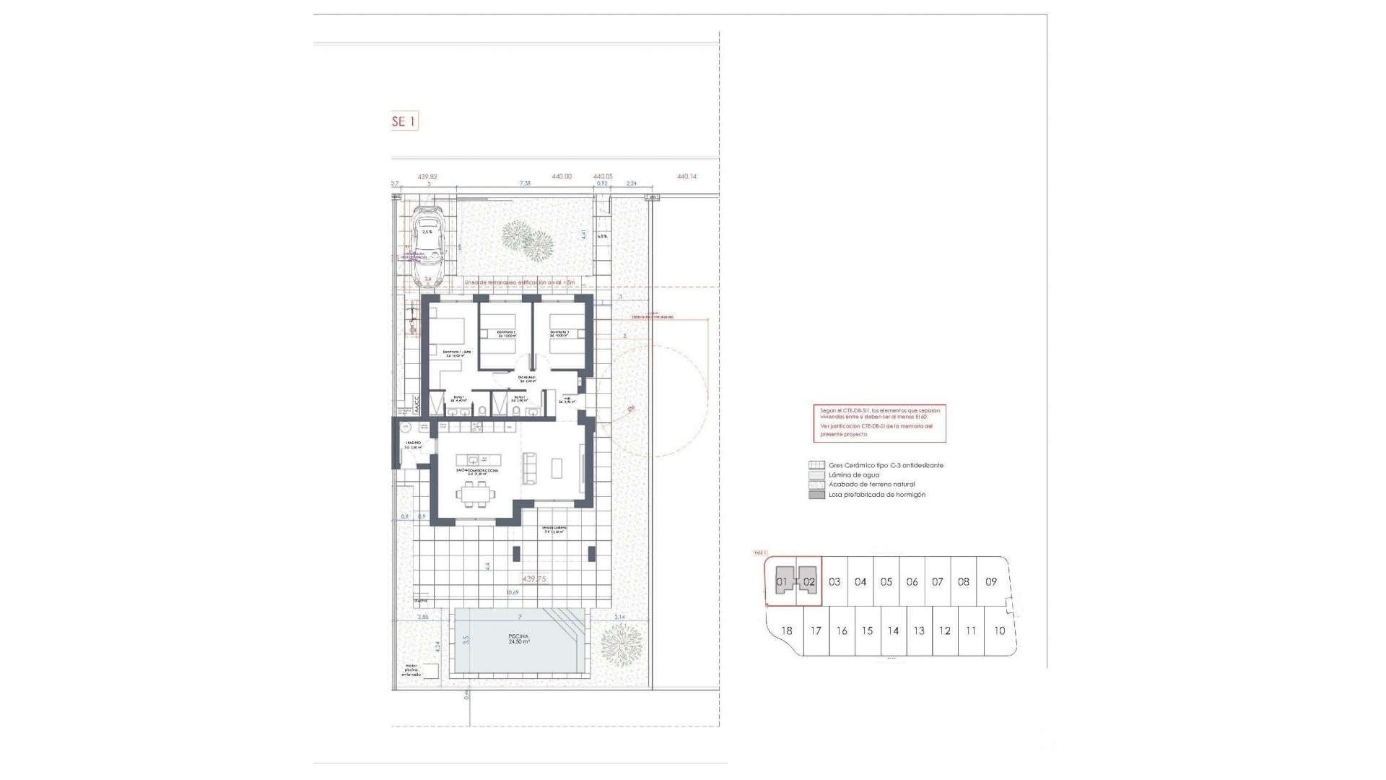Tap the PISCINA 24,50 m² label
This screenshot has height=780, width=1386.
pyautogui.click(x=519, y=638)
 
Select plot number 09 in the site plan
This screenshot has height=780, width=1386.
pyautogui.click(x=991, y=581)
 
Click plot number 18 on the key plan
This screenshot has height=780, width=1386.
pyautogui.click(x=786, y=630)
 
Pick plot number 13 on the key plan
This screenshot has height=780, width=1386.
pyautogui.click(x=919, y=630)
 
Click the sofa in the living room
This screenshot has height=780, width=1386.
pyautogui.click(x=530, y=467)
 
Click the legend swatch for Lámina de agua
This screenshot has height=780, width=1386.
pyautogui.click(x=816, y=475)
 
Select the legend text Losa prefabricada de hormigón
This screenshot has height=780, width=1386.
pyautogui.click(x=876, y=495)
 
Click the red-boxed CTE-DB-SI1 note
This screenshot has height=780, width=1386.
pyautogui.click(x=879, y=423)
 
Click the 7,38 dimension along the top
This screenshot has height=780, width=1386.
pyautogui.click(x=525, y=183)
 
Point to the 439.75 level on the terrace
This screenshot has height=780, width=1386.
pyautogui.click(x=533, y=579)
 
